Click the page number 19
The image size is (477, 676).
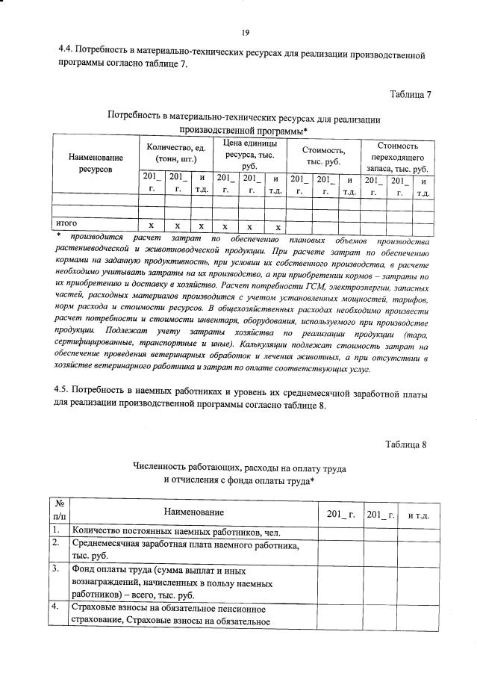245,32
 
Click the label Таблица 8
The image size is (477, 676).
405,444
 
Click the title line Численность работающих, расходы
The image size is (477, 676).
238,466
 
